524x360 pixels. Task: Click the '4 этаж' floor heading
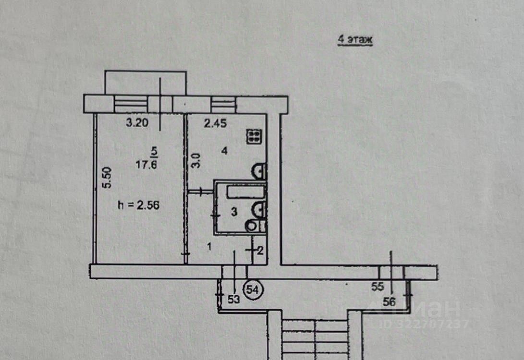[355, 40]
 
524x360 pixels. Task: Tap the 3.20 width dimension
[136, 123]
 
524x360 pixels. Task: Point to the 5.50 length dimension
[109, 177]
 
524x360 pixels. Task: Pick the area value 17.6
[148, 164]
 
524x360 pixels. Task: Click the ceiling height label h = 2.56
[138, 205]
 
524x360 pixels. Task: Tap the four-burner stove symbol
[254, 137]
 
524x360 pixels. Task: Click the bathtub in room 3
[245, 192]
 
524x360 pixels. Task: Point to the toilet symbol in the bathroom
[252, 226]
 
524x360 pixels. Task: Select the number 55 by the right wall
[378, 287]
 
